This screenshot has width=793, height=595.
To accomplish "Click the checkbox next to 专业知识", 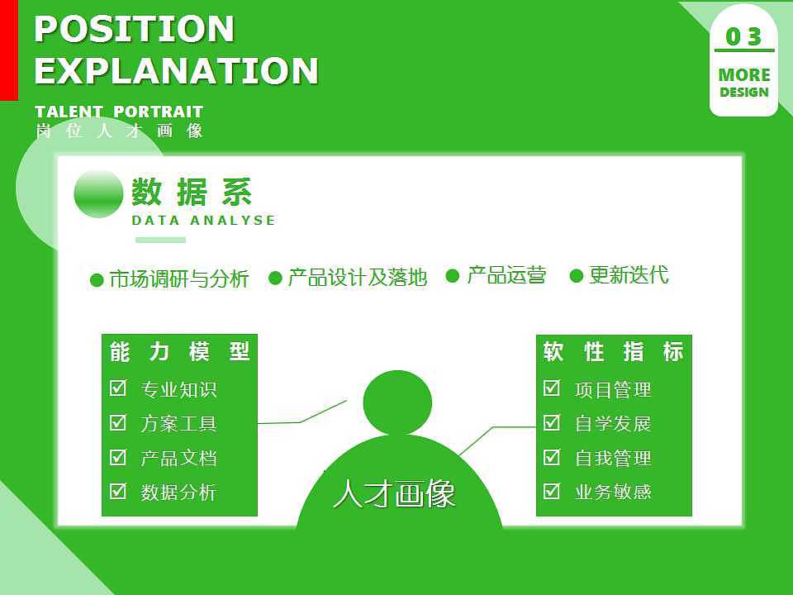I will click(118, 388).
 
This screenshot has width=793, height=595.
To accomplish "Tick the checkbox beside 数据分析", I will click(118, 492).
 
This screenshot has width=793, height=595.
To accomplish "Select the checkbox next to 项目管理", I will click(552, 388).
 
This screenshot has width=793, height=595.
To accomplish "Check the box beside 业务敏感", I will click(552, 491).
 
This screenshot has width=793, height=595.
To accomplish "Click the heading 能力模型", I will click(179, 352).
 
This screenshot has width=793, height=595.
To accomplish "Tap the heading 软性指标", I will click(614, 352).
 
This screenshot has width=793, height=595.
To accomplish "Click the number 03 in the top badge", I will click(743, 36).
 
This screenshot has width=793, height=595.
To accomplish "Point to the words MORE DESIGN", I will click(743, 83).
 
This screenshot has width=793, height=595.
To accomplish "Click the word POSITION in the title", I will click(135, 30).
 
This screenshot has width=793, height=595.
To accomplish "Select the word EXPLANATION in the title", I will click(176, 71).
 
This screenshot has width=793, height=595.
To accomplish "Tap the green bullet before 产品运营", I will click(452, 276).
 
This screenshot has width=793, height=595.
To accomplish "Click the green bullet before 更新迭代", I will click(577, 276).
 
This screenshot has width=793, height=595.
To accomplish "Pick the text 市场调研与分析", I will click(178, 279).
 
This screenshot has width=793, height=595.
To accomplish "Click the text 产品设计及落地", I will click(357, 278).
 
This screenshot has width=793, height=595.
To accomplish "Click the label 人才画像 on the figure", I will click(395, 494).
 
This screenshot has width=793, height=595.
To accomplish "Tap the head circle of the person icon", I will click(397, 403).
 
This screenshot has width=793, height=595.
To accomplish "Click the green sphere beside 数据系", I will click(98, 194).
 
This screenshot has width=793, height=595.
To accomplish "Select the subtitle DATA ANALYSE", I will click(203, 221).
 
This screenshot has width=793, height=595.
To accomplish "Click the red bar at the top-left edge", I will click(8, 50).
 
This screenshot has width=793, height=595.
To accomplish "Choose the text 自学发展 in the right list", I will click(613, 424).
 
